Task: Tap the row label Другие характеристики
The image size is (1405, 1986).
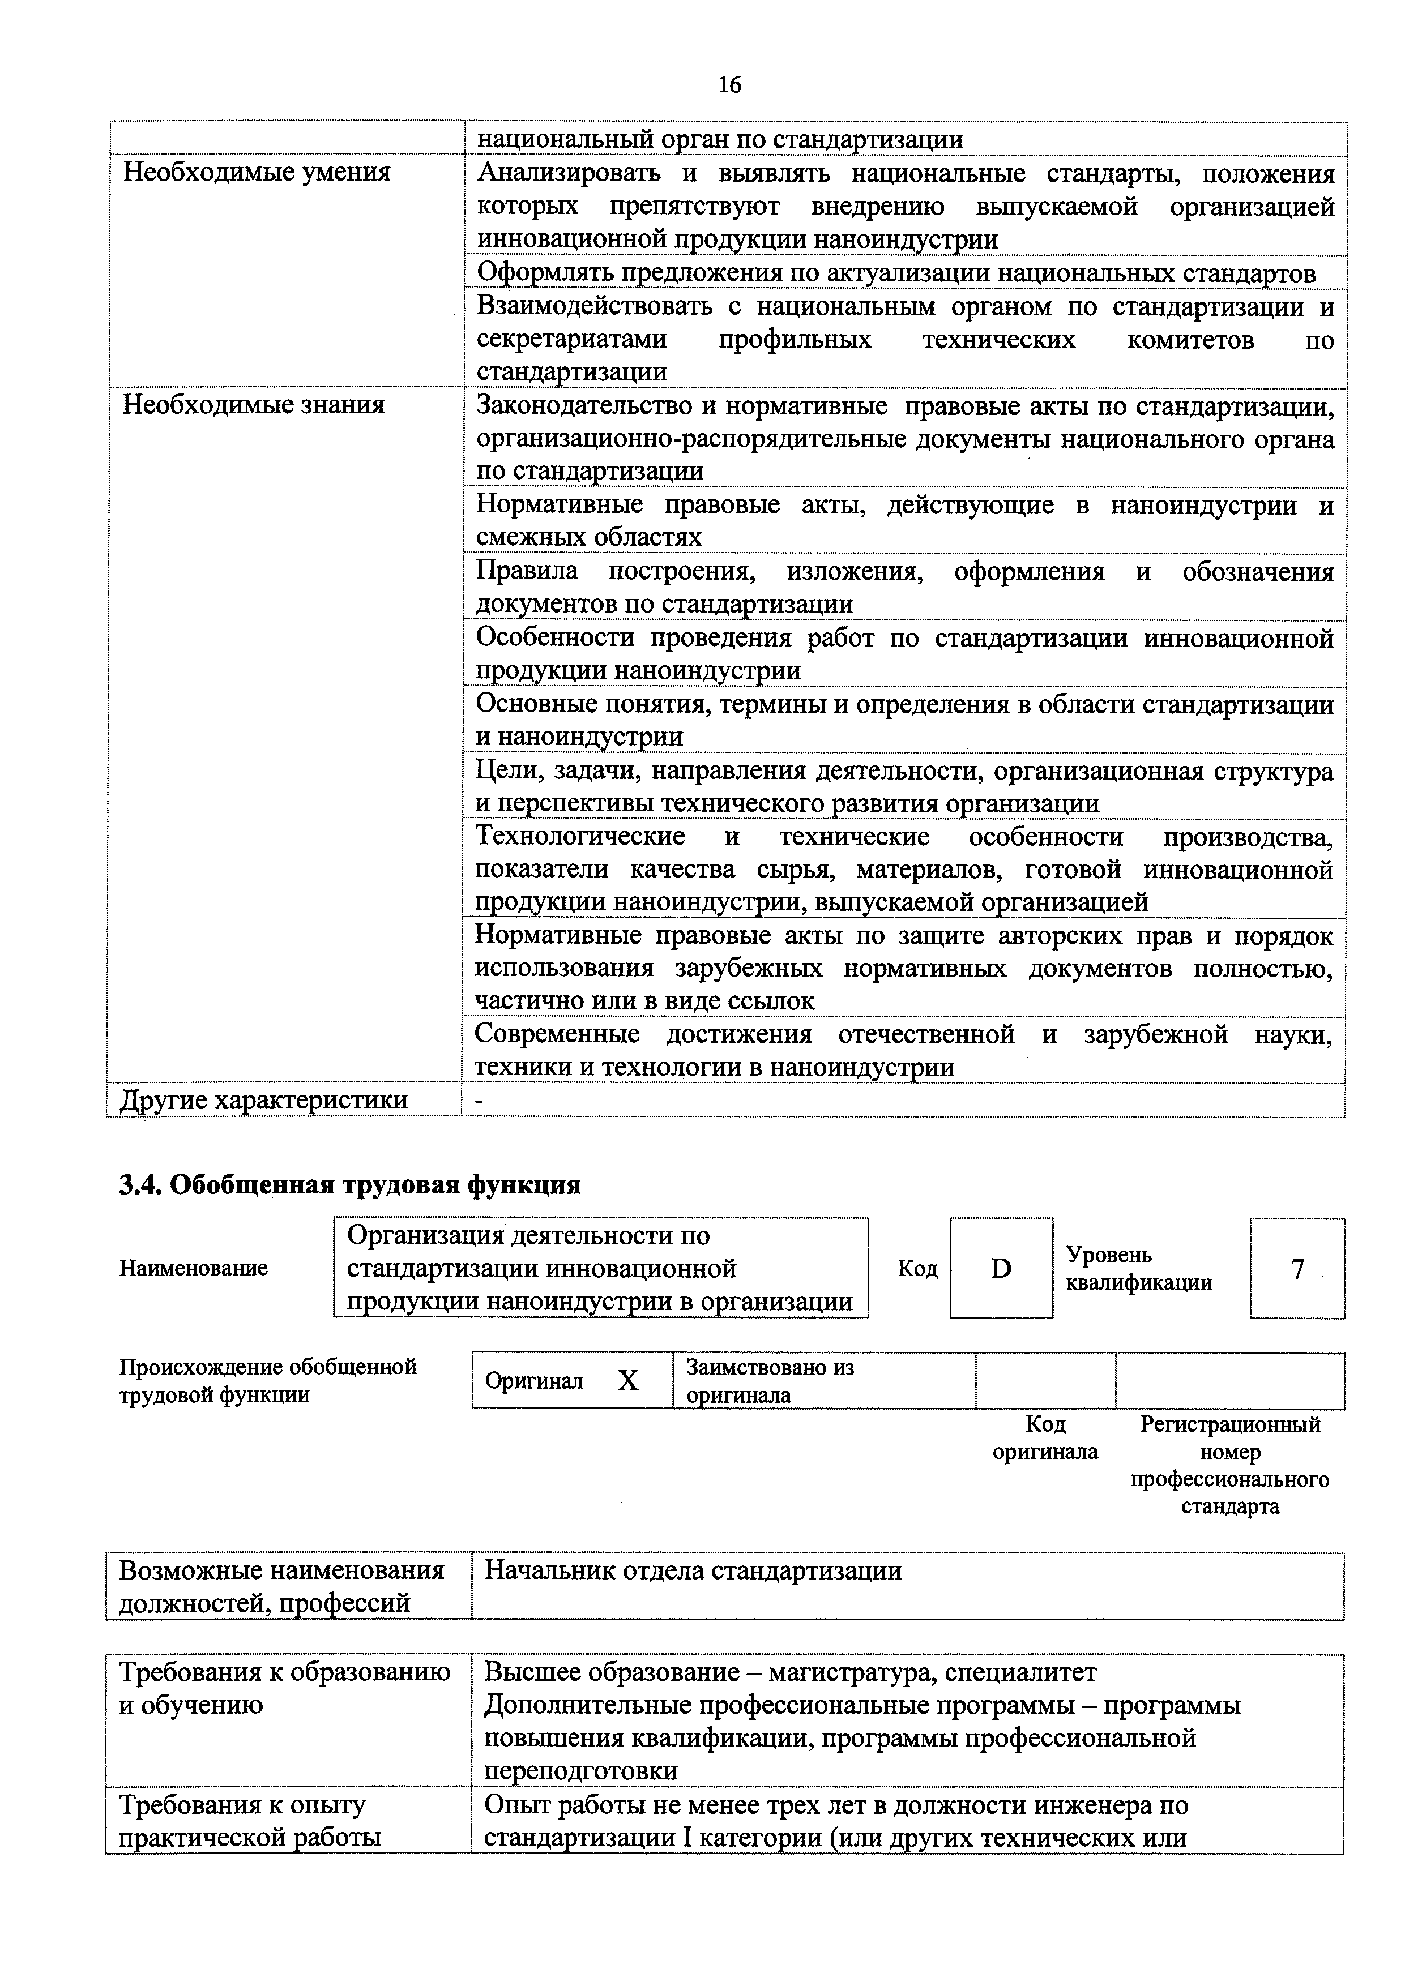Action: tap(264, 1099)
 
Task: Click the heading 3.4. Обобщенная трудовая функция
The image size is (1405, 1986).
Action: tap(349, 1184)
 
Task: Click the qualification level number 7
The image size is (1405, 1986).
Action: tap(1297, 1269)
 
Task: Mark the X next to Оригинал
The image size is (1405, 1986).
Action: tap(627, 1381)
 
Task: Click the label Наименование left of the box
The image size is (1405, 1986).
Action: tap(194, 1268)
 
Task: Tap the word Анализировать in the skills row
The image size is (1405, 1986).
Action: tap(569, 174)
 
